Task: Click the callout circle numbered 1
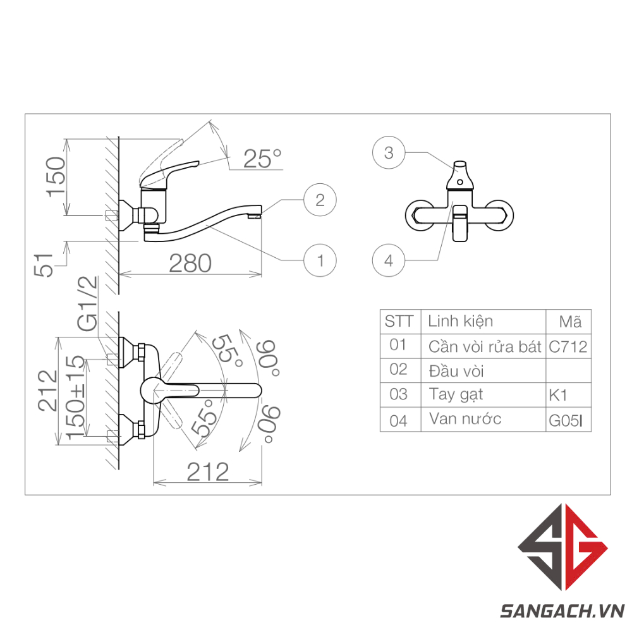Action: tap(320, 260)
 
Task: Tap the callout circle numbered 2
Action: tap(320, 200)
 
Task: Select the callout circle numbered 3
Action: tap(389, 153)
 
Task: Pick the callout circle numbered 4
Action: tap(389, 260)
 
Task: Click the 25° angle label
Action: tap(262, 159)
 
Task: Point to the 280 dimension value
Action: tap(190, 263)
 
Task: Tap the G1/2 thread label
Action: tap(88, 304)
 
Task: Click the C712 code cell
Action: tap(568, 347)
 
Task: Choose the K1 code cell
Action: tap(559, 396)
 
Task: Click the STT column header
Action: tap(399, 322)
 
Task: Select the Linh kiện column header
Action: tap(460, 321)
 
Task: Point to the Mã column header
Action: tap(570, 322)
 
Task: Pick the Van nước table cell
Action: tap(465, 419)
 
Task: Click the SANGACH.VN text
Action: tap(562, 611)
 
